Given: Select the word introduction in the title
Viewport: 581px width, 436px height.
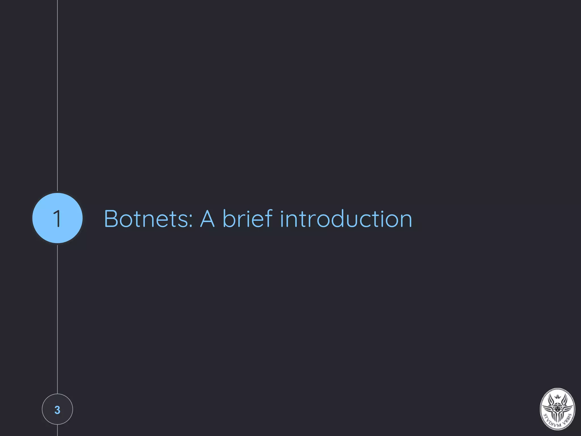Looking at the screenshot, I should tap(346, 219).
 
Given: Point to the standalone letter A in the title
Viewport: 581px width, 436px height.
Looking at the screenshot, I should tap(207, 219).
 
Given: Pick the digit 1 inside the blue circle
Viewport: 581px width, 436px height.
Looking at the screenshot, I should tap(58, 219).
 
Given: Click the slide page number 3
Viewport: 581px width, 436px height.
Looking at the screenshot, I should tap(57, 410).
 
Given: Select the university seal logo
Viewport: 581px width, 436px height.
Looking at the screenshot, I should tap(557, 409).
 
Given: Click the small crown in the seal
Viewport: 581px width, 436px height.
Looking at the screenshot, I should tap(558, 396).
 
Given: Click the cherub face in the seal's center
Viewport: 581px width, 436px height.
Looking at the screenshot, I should tap(557, 409).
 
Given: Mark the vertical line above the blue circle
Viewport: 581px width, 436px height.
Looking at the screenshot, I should tap(57, 97).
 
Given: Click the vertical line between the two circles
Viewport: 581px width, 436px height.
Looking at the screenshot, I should tap(57, 318).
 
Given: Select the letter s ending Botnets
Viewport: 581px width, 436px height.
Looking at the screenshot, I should tap(184, 221).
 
